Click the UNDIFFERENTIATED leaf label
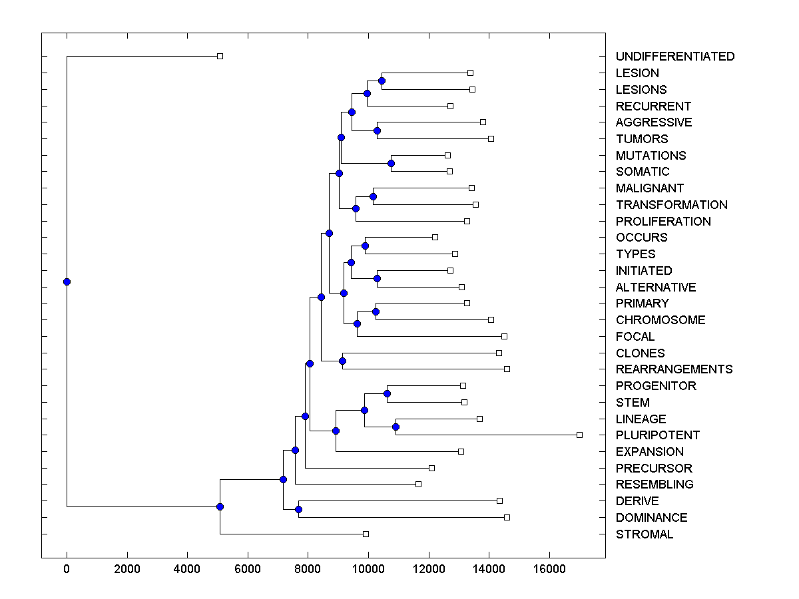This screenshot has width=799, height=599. click(675, 57)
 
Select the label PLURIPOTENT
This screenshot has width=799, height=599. click(658, 435)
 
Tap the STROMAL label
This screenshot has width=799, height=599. click(645, 534)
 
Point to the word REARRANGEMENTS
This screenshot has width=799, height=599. click(674, 369)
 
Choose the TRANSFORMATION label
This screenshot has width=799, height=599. click(671, 205)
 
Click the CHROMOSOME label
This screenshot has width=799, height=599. click(661, 320)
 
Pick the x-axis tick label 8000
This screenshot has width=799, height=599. click(308, 568)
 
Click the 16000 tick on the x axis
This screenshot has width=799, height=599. click(549, 568)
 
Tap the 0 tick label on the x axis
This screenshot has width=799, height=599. click(67, 568)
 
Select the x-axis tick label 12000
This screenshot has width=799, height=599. click(429, 568)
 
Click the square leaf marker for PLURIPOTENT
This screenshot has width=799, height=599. click(579, 435)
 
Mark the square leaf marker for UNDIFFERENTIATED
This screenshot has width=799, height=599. click(220, 56)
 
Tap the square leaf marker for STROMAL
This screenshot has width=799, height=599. click(366, 534)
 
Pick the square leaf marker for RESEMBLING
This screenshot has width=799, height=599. click(418, 484)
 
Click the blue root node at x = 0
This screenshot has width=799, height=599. click(67, 282)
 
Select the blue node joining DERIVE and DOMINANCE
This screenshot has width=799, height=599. click(298, 509)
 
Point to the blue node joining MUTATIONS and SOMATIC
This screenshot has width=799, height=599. click(392, 163)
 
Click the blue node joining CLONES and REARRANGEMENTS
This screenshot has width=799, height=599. click(343, 361)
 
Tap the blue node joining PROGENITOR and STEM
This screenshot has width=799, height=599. click(387, 393)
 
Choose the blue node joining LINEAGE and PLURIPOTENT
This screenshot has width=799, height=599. click(396, 427)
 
